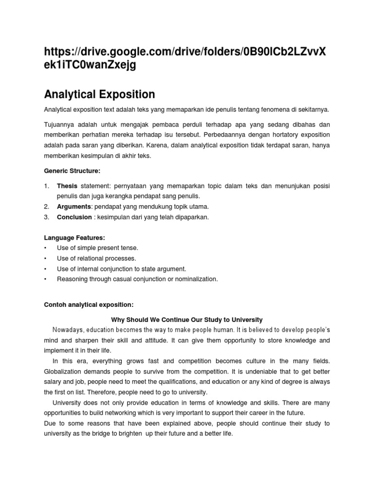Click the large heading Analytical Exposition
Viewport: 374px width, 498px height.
[99, 94]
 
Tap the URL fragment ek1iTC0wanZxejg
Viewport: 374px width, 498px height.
[90, 66]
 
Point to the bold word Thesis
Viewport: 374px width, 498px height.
[67, 186]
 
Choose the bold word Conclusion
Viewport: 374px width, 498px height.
[74, 217]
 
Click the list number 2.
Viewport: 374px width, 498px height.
[46, 207]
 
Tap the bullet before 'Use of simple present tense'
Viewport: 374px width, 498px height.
[45, 248]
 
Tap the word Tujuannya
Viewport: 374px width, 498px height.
[60, 124]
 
